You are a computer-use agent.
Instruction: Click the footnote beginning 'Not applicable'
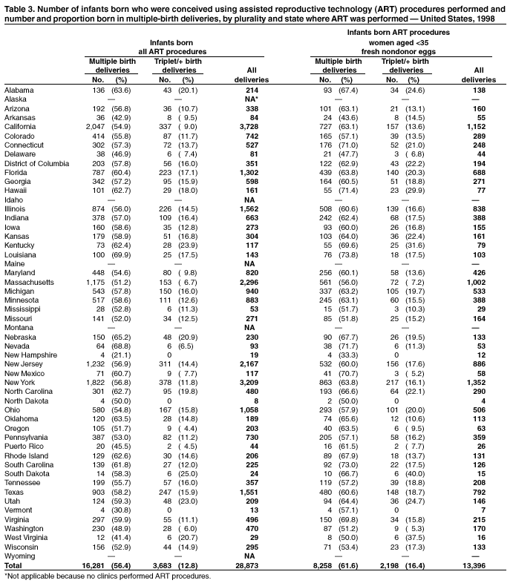108,576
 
